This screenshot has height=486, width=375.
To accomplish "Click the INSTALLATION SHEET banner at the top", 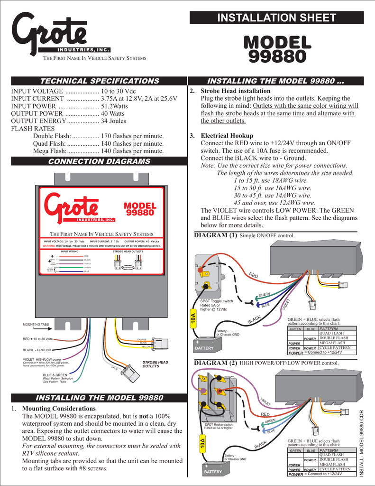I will pyautogui.click(x=276, y=18).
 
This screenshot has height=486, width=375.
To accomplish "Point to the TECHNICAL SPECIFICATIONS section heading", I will pyautogui.click(x=99, y=81).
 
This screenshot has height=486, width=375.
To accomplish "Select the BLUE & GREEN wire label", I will pyautogui.click(x=55, y=374).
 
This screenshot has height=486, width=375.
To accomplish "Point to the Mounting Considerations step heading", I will pyautogui.click(x=59, y=409).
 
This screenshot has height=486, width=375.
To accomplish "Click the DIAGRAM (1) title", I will pyautogui.click(x=216, y=235).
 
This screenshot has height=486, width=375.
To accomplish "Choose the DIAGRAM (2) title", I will pyautogui.click(x=216, y=363).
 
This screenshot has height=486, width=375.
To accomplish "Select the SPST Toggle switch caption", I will pyautogui.click(x=217, y=301).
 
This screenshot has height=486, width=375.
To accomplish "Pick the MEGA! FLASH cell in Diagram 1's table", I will pyautogui.click(x=332, y=343).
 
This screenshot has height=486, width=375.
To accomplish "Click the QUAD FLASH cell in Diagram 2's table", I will pyautogui.click(x=332, y=455).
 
